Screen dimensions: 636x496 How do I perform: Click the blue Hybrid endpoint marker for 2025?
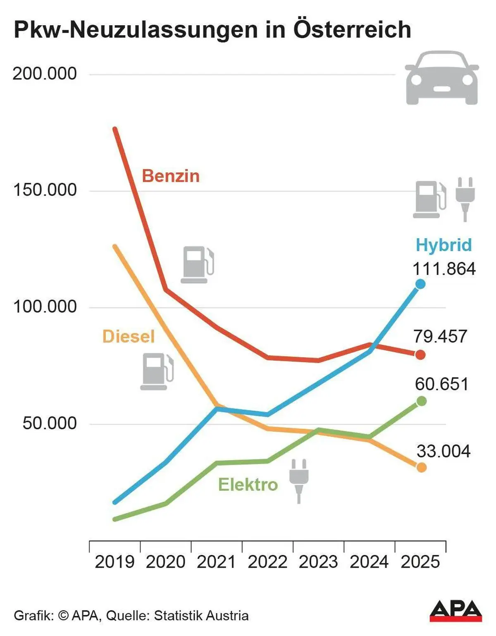click(x=420, y=284)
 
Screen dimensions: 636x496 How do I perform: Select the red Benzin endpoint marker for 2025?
click(x=420, y=355)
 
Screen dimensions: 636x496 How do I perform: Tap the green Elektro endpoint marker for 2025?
click(x=421, y=401)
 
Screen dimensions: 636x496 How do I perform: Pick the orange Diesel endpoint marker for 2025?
click(x=421, y=468)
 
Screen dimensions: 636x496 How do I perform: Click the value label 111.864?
click(x=444, y=269)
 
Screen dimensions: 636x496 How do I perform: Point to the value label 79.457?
click(x=440, y=337)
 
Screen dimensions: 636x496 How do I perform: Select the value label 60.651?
click(x=441, y=384)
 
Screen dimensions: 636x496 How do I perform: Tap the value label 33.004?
click(x=444, y=451)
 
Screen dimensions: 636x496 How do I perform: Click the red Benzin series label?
click(x=171, y=176)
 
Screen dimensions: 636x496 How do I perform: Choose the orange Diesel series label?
click(x=128, y=337)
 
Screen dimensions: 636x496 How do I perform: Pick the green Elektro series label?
click(x=248, y=485)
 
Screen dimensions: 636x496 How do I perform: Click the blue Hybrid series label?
click(x=444, y=245)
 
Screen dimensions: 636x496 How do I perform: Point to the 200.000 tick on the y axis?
click(x=45, y=74)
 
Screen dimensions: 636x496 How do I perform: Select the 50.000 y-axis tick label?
click(x=50, y=423)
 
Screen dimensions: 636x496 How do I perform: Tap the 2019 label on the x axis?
click(x=114, y=562)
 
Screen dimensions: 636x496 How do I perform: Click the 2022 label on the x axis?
click(x=267, y=562)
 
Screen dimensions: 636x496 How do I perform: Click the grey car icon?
click(x=442, y=78)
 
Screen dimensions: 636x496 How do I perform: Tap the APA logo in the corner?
click(x=455, y=612)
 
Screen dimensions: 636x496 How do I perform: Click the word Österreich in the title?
click(x=352, y=30)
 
